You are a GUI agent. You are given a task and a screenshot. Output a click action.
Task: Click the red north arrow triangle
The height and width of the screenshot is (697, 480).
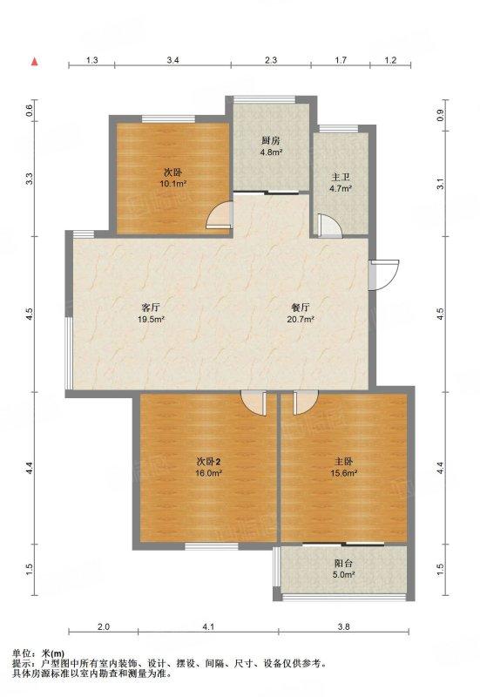(34, 62)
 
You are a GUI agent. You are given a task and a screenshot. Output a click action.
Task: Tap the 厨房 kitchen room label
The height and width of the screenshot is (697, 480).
(271, 141)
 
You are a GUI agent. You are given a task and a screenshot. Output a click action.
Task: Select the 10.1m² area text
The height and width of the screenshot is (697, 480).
(172, 183)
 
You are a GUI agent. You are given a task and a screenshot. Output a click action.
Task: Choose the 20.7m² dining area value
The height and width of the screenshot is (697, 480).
(301, 319)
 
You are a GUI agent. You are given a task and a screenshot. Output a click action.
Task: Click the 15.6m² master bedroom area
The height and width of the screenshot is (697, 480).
(343, 473)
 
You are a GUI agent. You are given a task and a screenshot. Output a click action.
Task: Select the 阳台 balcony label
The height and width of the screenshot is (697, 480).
(343, 563)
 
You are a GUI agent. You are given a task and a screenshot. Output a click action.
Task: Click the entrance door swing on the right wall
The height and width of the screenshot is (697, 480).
(385, 275)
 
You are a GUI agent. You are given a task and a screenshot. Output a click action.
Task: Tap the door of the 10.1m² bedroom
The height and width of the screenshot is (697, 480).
(220, 215)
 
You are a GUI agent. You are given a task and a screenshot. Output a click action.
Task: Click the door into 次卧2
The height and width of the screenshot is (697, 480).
(254, 403)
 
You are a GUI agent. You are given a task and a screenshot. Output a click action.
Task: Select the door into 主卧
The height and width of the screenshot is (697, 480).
(305, 403)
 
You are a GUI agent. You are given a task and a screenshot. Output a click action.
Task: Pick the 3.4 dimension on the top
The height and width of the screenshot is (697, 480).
(172, 60)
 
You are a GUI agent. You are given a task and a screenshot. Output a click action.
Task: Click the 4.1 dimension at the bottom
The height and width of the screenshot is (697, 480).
(208, 627)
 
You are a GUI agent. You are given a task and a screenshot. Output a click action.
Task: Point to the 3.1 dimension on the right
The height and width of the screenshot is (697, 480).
(441, 184)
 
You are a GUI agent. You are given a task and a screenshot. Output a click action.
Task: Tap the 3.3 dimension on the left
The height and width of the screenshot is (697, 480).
(30, 179)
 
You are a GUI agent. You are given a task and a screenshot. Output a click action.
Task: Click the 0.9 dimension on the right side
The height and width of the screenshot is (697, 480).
(441, 116)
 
